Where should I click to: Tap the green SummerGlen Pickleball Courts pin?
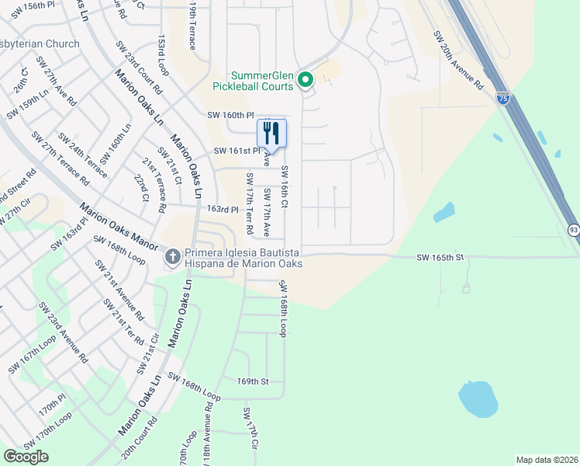tap(306, 78)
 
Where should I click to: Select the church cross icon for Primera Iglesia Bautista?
tap(173, 255)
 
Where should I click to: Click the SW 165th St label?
tap(440, 257)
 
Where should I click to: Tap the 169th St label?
tap(253, 381)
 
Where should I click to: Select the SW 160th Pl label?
tap(231, 115)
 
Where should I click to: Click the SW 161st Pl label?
tap(236, 151)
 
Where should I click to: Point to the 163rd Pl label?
tap(222, 209)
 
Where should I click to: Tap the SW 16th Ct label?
tap(285, 187)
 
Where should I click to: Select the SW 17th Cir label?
tap(250, 428)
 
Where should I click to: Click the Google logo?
tap(26, 456)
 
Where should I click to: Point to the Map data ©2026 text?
tap(546, 460)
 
